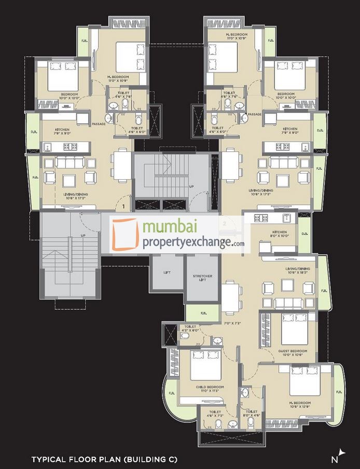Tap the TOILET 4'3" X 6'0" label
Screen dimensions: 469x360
point(189,328)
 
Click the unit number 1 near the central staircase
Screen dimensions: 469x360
point(123,207)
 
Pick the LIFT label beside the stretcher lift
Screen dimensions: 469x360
point(167,272)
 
